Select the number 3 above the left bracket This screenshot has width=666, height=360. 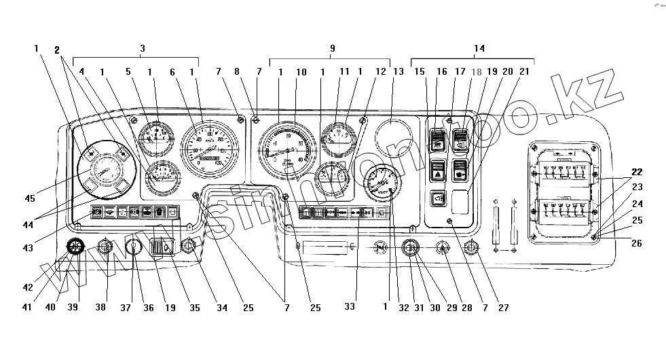pyautogui.click(x=142, y=48)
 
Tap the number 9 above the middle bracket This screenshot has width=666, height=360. pyautogui.click(x=332, y=48)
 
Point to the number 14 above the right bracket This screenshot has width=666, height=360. pyautogui.click(x=479, y=48)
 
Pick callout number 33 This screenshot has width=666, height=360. pyautogui.click(x=349, y=307)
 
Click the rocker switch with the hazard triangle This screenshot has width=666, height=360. pyautogui.click(x=438, y=170)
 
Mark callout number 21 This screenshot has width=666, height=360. pyautogui.click(x=523, y=71)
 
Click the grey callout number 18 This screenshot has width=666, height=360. pyautogui.click(x=476, y=71)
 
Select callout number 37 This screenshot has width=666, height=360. pyautogui.click(x=126, y=307)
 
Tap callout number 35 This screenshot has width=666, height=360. pyautogui.click(x=194, y=307)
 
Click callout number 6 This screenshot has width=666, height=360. pyautogui.click(x=172, y=71)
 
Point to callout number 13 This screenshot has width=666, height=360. pyautogui.click(x=398, y=71)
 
